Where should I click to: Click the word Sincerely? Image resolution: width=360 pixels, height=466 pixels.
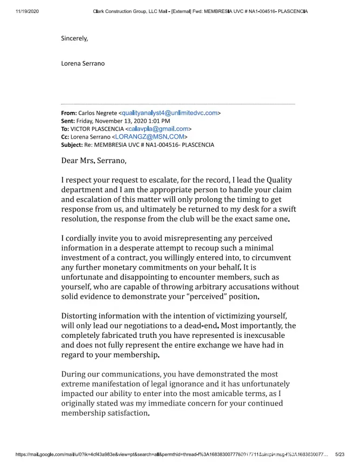[x=75, y=38]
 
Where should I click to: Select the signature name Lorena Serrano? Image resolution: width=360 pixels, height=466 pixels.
[x=83, y=63]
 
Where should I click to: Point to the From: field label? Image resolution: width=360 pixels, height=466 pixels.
[x=69, y=113]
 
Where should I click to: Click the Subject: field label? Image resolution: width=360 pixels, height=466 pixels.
[x=72, y=144]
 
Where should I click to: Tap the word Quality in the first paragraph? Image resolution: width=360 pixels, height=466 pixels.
[x=279, y=180]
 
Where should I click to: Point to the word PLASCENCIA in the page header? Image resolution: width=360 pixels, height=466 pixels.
[x=292, y=11]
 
